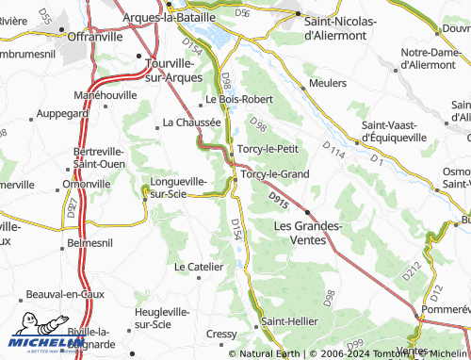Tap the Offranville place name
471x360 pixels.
[x=97, y=36]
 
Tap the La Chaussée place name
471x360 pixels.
[x=192, y=122]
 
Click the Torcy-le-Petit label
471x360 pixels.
[x=268, y=148]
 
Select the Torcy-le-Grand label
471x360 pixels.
[x=274, y=174]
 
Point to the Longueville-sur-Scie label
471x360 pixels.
[x=179, y=188]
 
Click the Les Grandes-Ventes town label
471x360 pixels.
[x=306, y=233]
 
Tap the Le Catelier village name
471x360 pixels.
[x=199, y=267]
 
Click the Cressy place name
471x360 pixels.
[x=221, y=334]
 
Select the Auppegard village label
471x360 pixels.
[x=61, y=113]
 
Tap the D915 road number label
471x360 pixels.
[x=277, y=200]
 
